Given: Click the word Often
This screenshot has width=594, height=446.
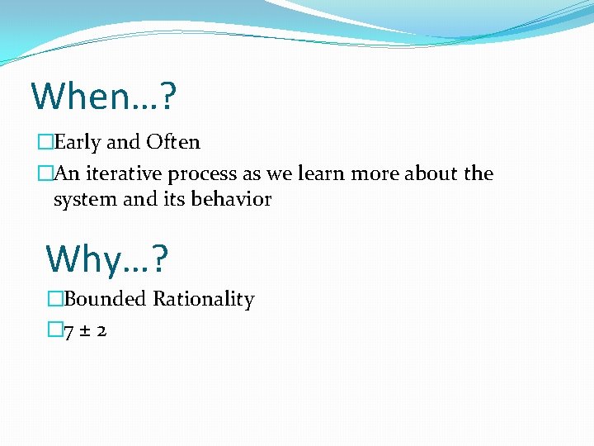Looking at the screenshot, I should pos(173,142).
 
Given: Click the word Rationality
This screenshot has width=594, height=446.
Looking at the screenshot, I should pos(204,300).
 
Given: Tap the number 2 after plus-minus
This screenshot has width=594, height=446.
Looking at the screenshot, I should pos(101,331).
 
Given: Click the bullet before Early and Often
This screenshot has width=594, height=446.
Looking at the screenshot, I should pos(45,142).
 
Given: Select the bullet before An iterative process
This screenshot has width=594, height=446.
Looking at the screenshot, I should pos(45,173).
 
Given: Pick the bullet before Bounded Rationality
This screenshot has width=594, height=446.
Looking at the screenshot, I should pos(55,299).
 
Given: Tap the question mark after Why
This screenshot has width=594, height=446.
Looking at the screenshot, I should pos(159,259).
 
